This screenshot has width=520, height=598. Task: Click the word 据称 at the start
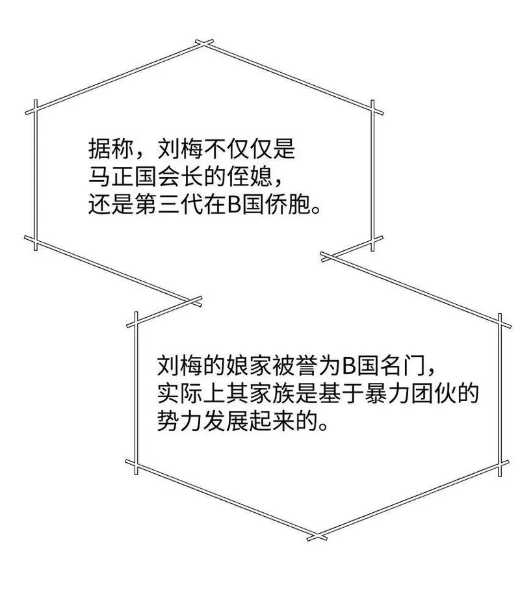(111, 148)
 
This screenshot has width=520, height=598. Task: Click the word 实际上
(192, 395)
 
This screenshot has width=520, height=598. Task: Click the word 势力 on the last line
(181, 422)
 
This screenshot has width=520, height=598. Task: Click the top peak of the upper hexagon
(204, 43)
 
